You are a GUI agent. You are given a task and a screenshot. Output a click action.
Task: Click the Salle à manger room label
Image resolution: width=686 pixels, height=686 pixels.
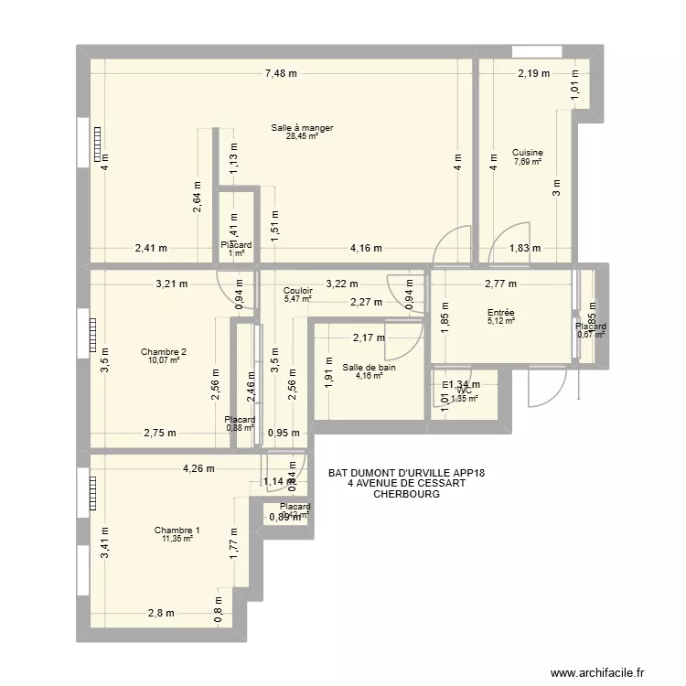point(302,128)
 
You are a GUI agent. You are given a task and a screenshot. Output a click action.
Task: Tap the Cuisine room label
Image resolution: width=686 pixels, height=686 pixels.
point(528,153)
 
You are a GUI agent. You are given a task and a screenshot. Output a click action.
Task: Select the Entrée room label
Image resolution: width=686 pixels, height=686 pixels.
point(501,312)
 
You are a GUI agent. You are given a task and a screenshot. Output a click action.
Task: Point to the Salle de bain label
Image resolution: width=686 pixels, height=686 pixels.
point(370,368)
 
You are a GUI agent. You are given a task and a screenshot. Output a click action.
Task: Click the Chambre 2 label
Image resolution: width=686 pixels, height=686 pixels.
point(164,352)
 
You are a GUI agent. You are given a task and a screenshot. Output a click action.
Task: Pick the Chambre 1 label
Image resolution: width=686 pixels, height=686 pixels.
point(177,531)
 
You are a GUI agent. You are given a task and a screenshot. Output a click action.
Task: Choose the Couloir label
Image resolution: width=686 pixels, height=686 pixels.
point(298,290)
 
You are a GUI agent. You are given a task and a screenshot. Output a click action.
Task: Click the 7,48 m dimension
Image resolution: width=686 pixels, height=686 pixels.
point(282,74)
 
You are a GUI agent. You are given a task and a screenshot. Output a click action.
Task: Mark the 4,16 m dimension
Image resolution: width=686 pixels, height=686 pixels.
point(365,248)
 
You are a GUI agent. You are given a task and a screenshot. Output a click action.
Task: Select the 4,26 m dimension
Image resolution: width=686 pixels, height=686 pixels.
point(198,469)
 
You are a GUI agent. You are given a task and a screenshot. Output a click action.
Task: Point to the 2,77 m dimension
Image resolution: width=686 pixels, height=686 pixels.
point(501,284)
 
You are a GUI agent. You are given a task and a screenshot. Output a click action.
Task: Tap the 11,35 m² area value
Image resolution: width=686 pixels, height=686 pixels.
point(177,539)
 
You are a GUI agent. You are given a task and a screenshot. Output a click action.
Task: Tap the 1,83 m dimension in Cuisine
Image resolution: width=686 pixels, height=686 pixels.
point(525,248)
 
